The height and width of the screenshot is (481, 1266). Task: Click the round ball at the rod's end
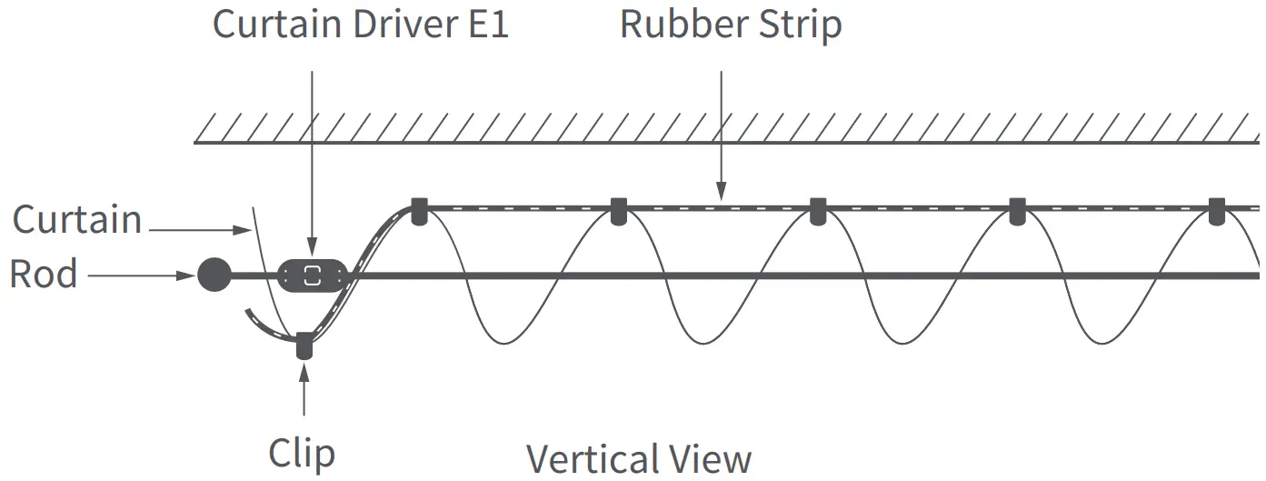click(x=214, y=274)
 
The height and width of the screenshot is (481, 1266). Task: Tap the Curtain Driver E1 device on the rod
click(x=312, y=276)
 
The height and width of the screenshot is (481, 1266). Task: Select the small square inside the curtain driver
click(x=312, y=276)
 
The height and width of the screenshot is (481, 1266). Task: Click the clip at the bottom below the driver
click(x=304, y=346)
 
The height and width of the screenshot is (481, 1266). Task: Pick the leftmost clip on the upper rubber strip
click(x=418, y=211)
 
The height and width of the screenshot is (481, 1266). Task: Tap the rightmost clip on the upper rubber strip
click(x=1217, y=211)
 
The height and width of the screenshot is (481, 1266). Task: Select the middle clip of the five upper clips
click(x=818, y=211)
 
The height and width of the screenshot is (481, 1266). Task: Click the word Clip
click(x=302, y=453)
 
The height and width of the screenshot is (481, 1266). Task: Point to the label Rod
click(x=43, y=274)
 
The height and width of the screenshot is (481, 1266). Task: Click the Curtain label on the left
click(x=77, y=220)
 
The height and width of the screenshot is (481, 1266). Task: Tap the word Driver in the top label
click(x=400, y=24)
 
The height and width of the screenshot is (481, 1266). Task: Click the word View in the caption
click(x=714, y=459)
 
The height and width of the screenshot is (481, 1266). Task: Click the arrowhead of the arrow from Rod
click(x=190, y=274)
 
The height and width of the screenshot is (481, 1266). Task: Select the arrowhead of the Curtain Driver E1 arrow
click(x=312, y=246)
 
